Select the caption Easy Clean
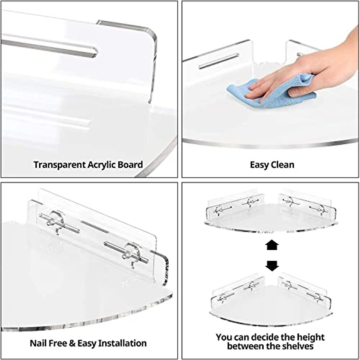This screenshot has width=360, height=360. pyautogui.click(x=272, y=165)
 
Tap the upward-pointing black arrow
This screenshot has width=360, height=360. pyautogui.click(x=272, y=245)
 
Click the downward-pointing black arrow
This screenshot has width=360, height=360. pyautogui.click(x=272, y=265)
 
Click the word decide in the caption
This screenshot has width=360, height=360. pyautogui.click(x=265, y=337)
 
